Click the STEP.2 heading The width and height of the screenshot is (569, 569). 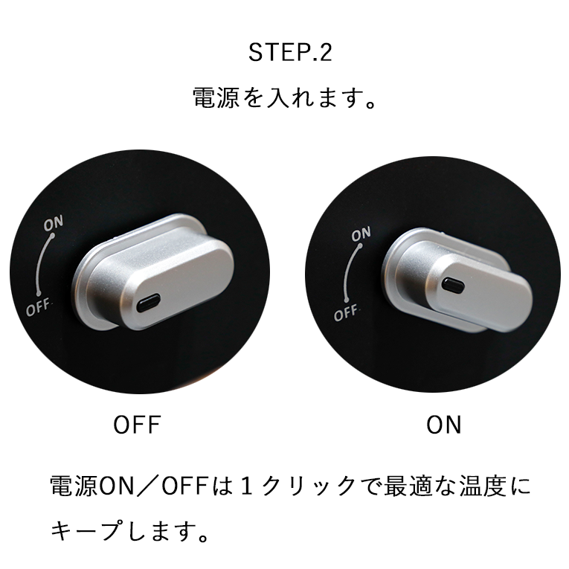[x=290, y=53]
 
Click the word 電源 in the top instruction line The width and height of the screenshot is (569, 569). [x=216, y=97]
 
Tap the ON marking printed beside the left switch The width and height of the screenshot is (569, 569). [x=54, y=223]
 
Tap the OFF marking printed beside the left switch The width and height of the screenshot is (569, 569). [x=38, y=308]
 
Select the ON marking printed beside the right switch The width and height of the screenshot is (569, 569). [x=361, y=234]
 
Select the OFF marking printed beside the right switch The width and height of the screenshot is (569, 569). [x=347, y=313]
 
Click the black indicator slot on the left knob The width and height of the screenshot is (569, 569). [x=149, y=303]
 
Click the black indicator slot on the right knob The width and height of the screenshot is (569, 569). [x=453, y=285]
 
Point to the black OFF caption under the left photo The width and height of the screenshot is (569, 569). [x=137, y=425]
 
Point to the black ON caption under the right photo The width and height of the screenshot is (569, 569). [x=443, y=425]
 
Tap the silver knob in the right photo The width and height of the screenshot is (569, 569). [x=457, y=280]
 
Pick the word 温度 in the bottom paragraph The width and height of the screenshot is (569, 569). [x=483, y=486]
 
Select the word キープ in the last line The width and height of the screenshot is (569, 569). [x=86, y=531]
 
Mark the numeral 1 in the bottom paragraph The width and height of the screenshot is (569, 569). [x=246, y=486]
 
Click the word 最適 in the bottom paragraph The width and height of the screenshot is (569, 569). [x=407, y=486]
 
